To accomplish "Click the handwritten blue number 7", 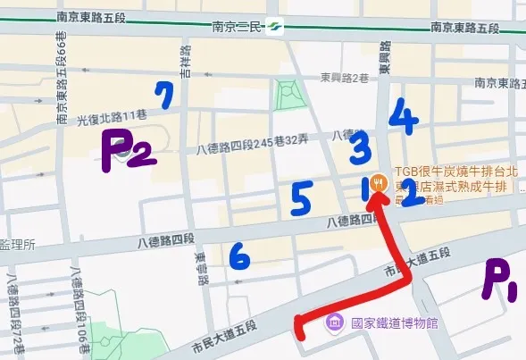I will (163, 94).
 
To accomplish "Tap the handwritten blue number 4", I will (404, 117).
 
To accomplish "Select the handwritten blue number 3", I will (360, 147).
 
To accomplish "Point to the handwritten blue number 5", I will (301, 199).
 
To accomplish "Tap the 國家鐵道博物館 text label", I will (394, 322).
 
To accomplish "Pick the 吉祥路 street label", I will (186, 63).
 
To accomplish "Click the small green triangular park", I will (287, 93).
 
